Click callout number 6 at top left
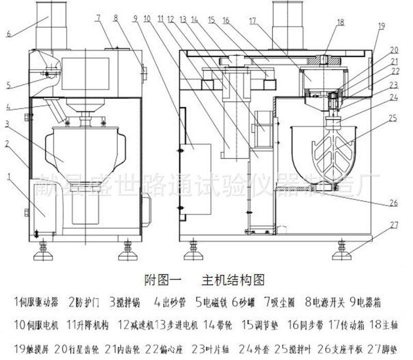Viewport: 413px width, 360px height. coord(9,35)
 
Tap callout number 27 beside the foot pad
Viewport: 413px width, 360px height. coord(394,225)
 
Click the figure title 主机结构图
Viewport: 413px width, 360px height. coord(233,281)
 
